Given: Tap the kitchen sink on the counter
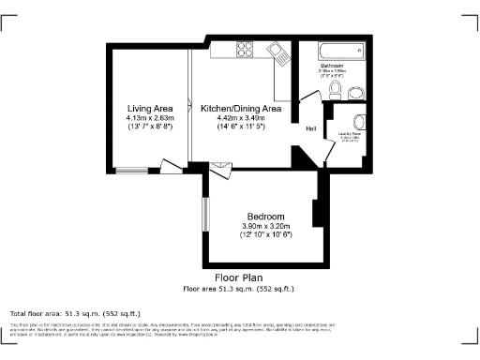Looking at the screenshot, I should (278, 53).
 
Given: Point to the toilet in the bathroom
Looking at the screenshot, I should (335, 89).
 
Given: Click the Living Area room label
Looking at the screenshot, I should (150, 110).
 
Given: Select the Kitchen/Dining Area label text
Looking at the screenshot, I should (241, 110).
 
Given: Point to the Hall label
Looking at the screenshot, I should (310, 127).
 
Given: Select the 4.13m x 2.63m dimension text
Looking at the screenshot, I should (150, 119).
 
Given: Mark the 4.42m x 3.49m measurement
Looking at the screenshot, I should (241, 119).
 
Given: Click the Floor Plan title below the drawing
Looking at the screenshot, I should (239, 278).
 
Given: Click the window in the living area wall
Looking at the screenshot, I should (130, 170).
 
